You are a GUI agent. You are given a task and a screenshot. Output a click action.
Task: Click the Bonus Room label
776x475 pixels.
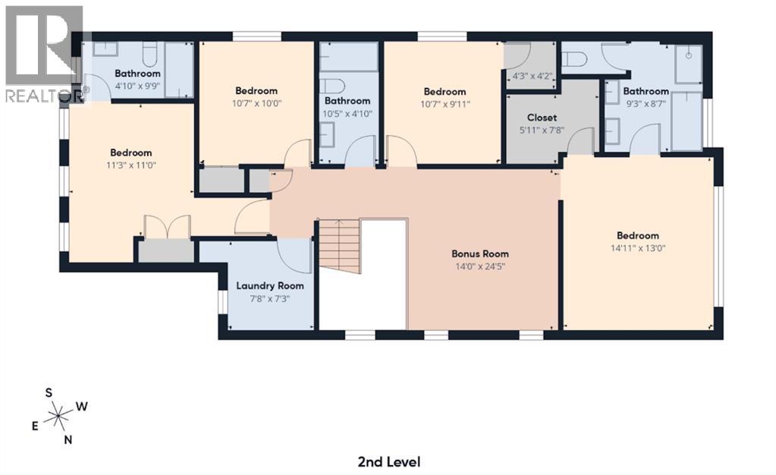click(x=479, y=253)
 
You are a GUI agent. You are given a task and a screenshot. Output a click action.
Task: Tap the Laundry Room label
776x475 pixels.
click(x=269, y=286)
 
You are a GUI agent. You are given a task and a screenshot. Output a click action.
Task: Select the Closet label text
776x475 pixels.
click(x=542, y=118)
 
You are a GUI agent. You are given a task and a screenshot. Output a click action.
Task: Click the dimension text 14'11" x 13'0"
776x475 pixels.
click(x=637, y=247)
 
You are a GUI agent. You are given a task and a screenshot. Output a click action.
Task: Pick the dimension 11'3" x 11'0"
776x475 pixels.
click(x=130, y=165)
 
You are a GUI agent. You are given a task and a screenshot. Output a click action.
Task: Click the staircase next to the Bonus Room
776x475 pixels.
click(x=338, y=247)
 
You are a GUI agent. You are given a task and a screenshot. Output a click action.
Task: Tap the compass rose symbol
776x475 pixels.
click(x=57, y=415)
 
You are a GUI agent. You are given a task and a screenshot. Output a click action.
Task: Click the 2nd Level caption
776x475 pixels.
click(x=388, y=461)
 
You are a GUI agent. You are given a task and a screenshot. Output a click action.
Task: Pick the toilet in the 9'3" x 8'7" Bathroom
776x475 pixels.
click(x=576, y=58)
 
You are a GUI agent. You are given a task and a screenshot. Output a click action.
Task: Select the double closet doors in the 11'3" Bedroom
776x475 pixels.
click(x=166, y=228)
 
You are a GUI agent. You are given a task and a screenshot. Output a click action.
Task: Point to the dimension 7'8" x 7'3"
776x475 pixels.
click(x=269, y=298)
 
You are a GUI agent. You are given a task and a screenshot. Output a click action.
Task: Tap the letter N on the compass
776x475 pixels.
click(x=68, y=439)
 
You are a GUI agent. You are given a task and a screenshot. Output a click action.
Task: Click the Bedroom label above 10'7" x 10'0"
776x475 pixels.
click(x=256, y=91)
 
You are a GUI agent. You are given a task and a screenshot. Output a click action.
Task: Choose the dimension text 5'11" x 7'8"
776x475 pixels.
click(x=542, y=130)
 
